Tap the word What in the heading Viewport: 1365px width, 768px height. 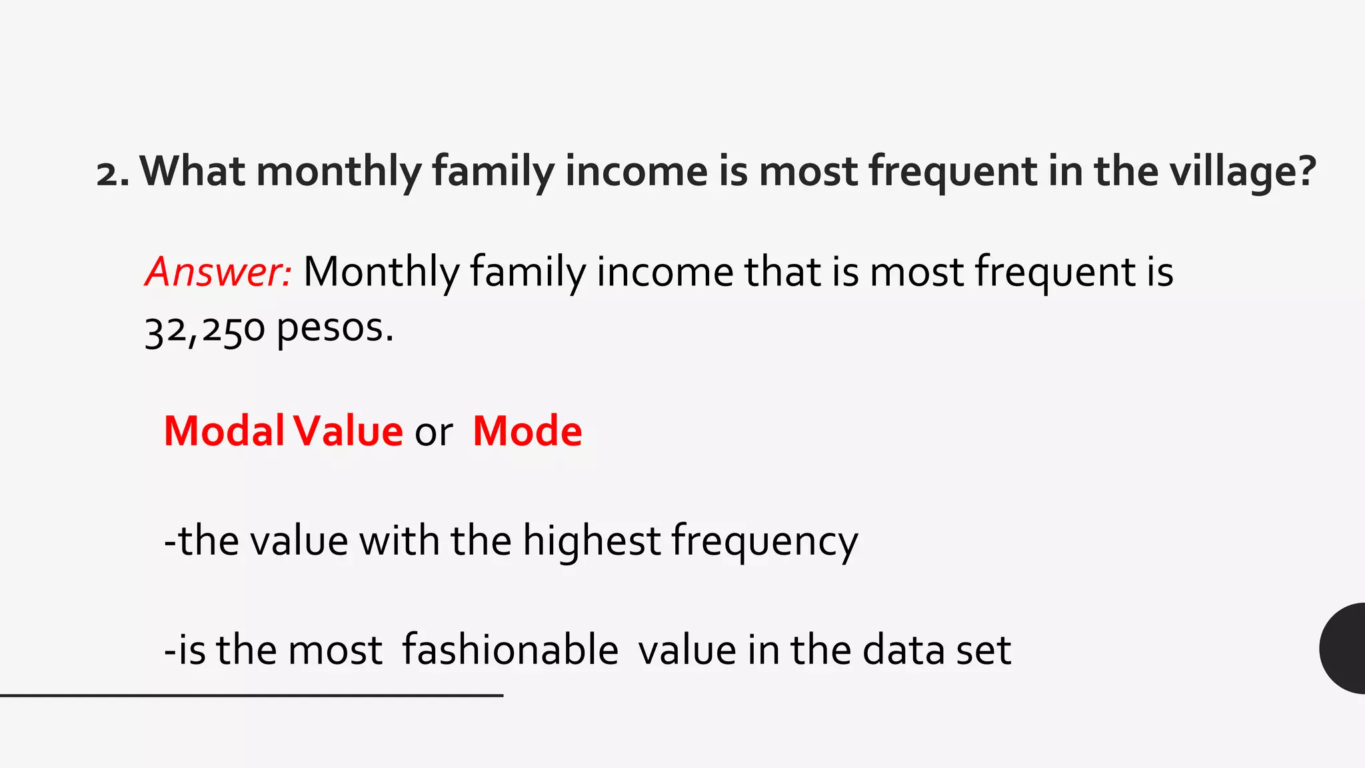[x=192, y=171]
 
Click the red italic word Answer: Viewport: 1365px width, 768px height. [x=218, y=272]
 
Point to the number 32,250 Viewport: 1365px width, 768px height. [x=205, y=330]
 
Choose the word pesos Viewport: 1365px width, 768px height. [x=335, y=330]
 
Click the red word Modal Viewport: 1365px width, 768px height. [x=224, y=431]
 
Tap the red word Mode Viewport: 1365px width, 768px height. [x=527, y=431]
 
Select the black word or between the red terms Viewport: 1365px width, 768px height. [x=433, y=433]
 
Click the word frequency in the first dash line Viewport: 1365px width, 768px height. [x=764, y=542]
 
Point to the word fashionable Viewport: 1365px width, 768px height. [x=510, y=650]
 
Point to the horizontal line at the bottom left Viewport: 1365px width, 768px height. [x=251, y=695]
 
